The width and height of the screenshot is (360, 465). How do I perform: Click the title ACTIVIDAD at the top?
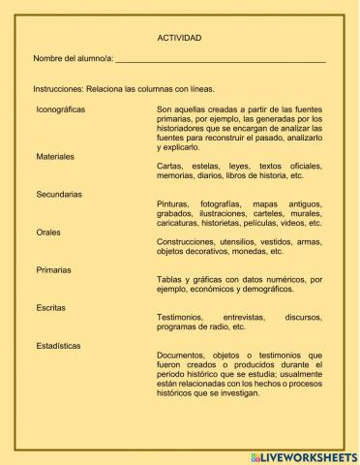click(x=179, y=37)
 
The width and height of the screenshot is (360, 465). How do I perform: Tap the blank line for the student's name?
click(x=220, y=61)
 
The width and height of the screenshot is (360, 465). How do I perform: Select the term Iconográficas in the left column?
click(x=60, y=109)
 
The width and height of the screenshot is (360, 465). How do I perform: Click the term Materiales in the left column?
click(x=55, y=156)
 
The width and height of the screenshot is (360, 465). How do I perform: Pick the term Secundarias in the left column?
click(x=59, y=195)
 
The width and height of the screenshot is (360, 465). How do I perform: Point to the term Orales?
click(x=48, y=232)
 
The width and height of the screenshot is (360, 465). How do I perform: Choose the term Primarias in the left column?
click(x=54, y=270)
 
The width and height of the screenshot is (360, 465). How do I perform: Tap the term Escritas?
click(x=51, y=308)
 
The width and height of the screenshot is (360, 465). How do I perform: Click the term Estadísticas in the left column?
click(x=58, y=346)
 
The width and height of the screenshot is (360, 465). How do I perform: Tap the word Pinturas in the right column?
click(x=175, y=204)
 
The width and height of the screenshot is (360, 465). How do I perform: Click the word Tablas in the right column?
click(x=170, y=280)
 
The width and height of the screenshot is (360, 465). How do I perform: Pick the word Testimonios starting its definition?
click(x=180, y=318)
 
